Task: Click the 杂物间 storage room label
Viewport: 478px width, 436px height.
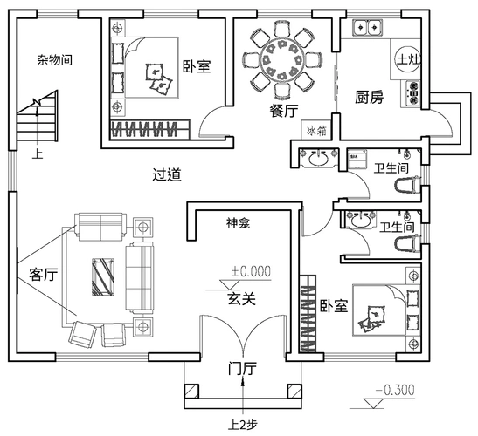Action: coord(54,60)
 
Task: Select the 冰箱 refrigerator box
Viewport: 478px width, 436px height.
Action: coord(317,130)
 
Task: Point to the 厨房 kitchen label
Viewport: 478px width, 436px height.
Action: coord(369,98)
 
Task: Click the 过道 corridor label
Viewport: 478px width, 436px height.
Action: coord(166,174)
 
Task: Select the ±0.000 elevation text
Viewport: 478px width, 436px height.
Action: coord(250,271)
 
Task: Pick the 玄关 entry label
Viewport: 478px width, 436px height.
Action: coord(241,299)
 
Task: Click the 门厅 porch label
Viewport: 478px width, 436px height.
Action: coord(241,369)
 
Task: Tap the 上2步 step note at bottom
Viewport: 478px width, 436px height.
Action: coord(242,426)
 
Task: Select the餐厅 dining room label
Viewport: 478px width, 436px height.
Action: coord(285,111)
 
